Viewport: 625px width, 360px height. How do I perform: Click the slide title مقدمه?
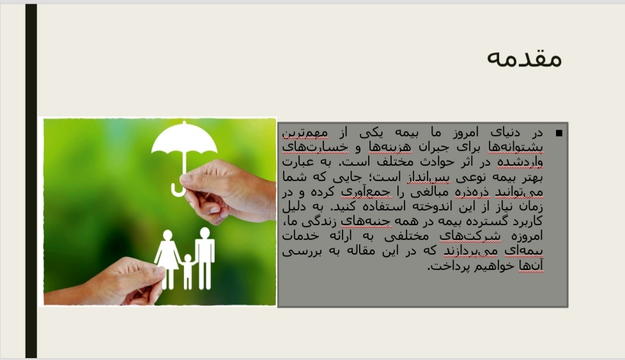524,58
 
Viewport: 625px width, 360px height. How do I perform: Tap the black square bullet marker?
559,133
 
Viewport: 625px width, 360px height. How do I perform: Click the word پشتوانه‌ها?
516,148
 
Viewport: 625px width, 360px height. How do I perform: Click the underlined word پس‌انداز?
429,177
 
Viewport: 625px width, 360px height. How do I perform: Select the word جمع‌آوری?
366,192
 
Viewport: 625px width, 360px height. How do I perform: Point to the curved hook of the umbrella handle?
178,190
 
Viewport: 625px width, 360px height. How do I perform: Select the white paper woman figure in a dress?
168,258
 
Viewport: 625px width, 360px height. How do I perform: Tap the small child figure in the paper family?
187,271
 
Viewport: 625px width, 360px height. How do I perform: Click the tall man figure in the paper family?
205,258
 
